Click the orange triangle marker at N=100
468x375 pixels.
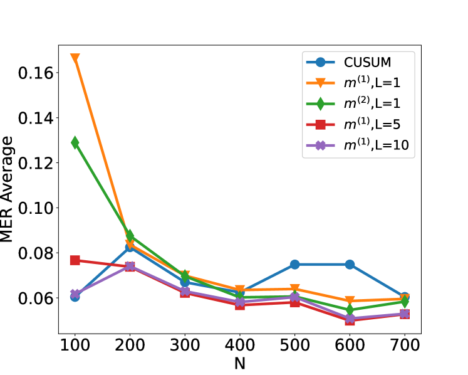click(75, 58)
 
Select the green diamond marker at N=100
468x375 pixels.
click(75, 142)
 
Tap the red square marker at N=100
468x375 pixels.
click(75, 260)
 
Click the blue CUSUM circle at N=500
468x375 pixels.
click(294, 265)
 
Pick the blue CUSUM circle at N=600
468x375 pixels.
click(350, 265)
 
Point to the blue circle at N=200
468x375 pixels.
click(130, 247)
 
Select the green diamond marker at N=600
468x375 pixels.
click(350, 310)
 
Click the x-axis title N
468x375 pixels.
click(239, 364)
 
